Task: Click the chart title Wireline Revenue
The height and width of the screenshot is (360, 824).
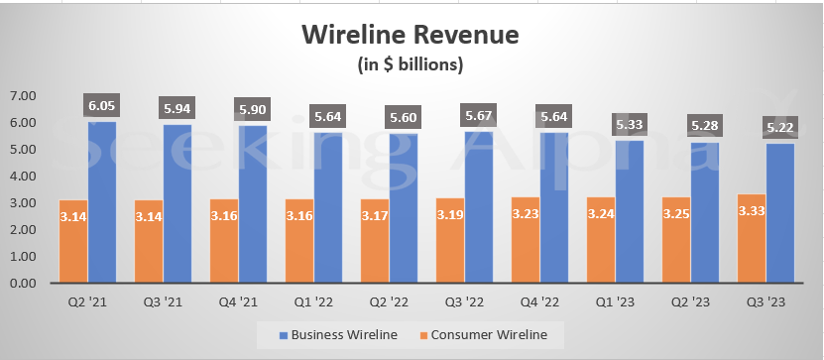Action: coord(411,37)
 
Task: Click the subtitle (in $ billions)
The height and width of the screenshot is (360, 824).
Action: coord(411,65)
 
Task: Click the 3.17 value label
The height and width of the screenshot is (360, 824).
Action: coord(375,215)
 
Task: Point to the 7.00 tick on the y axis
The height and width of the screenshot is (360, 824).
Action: coord(22,96)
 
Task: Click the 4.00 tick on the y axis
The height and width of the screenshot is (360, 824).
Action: coord(22,177)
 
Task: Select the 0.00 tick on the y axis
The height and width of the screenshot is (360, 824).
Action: coord(22,284)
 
